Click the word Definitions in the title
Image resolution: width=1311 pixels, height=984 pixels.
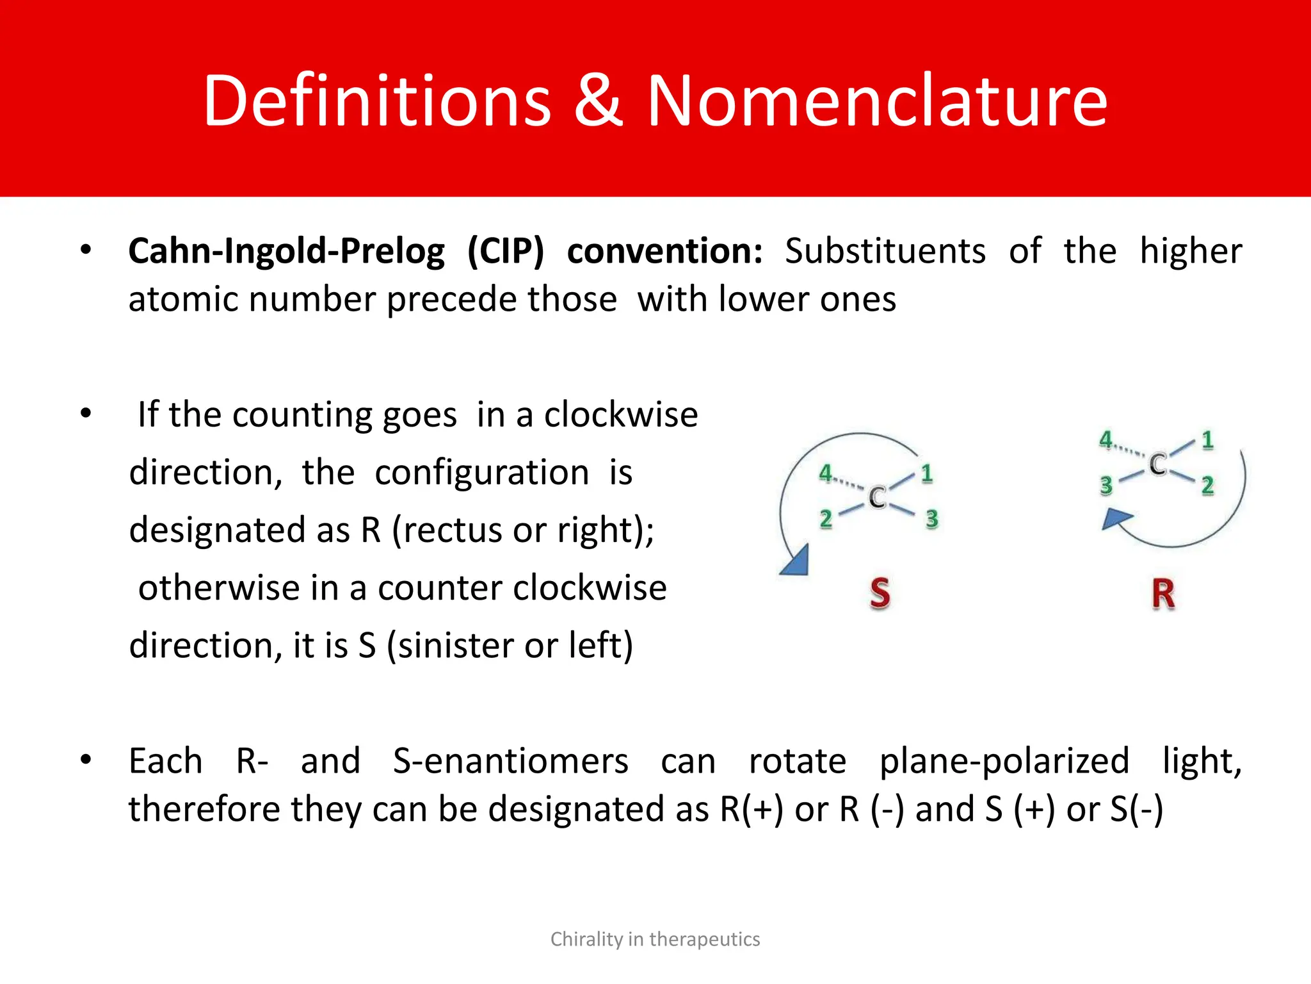point(377,101)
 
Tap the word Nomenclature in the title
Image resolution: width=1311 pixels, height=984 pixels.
point(877,101)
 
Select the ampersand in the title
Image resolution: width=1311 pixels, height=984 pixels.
point(599,101)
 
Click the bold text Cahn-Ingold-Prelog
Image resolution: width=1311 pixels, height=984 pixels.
point(286,250)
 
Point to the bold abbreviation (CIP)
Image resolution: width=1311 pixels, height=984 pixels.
point(505,250)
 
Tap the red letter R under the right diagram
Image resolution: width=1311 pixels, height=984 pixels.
point(1163,594)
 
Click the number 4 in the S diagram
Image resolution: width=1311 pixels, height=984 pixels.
point(826,473)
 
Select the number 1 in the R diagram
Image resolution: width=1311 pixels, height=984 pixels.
point(1207,440)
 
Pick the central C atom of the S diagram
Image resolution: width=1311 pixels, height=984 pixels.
point(877,497)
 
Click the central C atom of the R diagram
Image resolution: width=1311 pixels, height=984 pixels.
point(1157,464)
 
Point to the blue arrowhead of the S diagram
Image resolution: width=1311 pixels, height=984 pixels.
point(796,562)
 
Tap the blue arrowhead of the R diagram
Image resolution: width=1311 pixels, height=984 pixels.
point(1115,518)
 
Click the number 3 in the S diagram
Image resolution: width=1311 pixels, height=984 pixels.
point(931,518)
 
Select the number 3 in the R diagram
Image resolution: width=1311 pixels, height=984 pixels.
point(1106,485)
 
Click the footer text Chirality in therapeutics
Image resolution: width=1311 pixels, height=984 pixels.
point(655,939)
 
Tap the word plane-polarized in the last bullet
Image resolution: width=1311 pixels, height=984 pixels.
point(1004,761)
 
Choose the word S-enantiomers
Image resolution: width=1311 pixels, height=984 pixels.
point(510,761)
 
